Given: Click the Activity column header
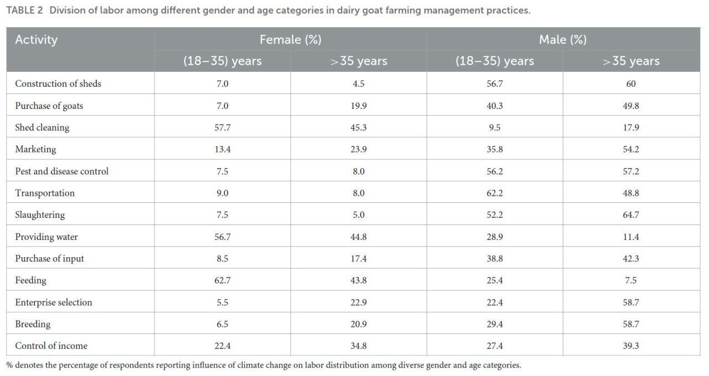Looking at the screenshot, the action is coord(37,40).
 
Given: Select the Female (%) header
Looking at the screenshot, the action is coord(291,40).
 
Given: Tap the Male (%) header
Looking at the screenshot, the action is coord(563,40).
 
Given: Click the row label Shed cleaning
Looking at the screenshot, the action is coord(42,127).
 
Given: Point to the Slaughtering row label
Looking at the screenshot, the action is coord(40,215).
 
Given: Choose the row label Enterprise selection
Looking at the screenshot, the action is coord(54,302).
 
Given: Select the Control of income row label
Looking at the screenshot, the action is coord(52,346).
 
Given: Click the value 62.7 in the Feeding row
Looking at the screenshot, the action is coord(223,280).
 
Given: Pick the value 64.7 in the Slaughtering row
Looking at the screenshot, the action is coord(631,215).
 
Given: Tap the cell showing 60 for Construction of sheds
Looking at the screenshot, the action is coord(631,83).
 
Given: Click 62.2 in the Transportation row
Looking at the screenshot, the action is coord(495,193).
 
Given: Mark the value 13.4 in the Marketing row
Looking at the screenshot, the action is coord(223,149).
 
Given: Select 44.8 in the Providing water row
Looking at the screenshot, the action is coord(358,237).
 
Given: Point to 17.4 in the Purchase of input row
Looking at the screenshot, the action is coord(358,258).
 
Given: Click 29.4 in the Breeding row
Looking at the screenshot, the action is coord(495,324).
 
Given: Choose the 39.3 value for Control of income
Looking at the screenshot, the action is coord(631,346).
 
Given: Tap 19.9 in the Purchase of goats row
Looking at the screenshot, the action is coord(358,106).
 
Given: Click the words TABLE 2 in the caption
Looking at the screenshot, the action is coord(24,11).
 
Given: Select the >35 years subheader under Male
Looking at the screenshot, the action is coord(631,61).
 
